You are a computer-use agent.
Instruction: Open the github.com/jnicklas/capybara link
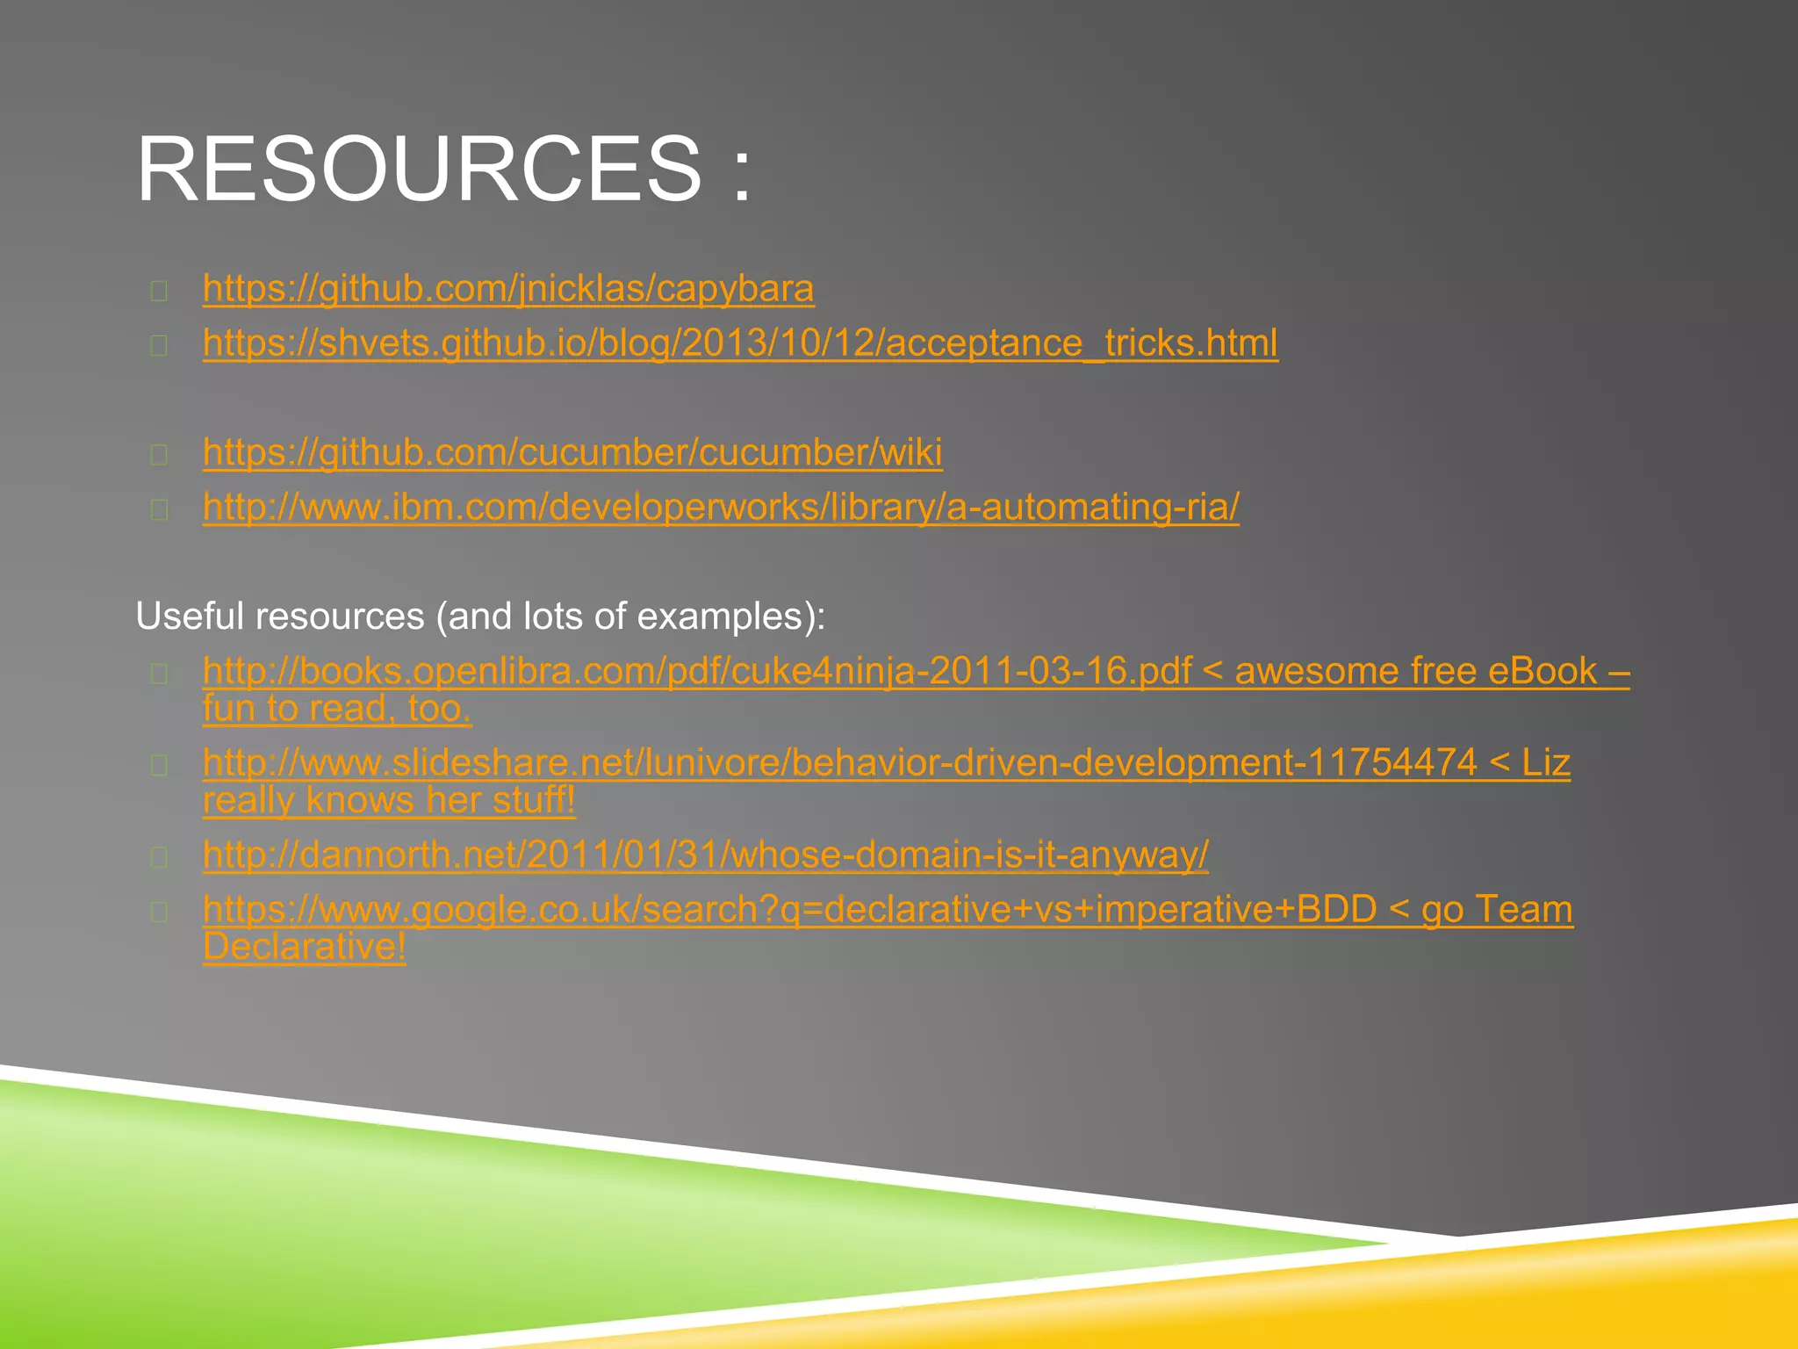(508, 289)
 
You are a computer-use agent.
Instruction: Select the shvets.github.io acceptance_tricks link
(740, 343)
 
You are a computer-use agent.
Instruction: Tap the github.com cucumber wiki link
(572, 453)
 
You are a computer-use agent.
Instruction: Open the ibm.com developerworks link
(721, 508)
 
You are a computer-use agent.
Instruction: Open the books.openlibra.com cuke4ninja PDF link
(697, 672)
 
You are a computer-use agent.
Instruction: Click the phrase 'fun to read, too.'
(337, 709)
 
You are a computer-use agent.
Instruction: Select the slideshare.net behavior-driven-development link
(839, 763)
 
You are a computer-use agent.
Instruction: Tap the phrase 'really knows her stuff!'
(389, 800)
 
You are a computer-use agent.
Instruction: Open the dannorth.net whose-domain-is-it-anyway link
(705, 855)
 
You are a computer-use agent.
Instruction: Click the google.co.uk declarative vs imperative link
(788, 910)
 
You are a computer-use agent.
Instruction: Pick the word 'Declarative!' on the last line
(305, 947)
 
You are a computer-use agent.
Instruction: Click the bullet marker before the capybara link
(159, 291)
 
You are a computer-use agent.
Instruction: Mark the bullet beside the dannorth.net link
(159, 856)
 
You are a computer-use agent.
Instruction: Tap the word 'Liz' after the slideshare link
(1545, 763)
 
